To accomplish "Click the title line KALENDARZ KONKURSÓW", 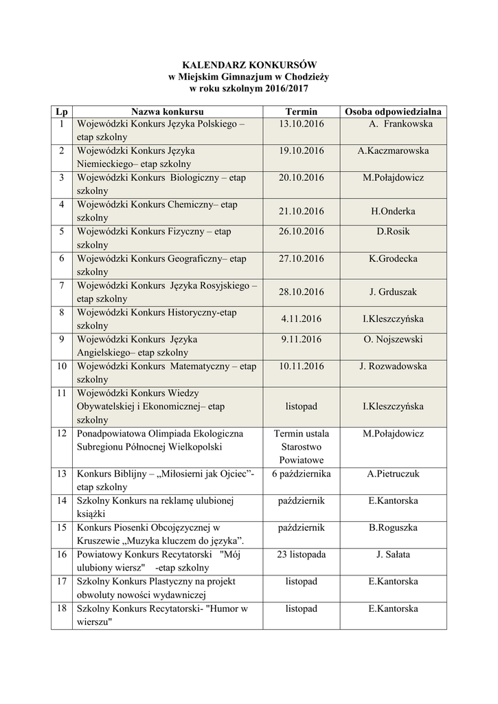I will pos(249,64).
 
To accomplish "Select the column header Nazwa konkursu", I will pos(168,111).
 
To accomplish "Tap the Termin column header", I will pos(301,111).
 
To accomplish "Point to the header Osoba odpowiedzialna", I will pos(394,111).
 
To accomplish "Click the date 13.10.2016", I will pos(301,124).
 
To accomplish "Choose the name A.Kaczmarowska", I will pos(393,151).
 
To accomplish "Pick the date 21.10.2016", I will pos(301,211).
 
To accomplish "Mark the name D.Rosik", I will pos(393,231).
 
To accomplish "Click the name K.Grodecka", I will pos(393,258).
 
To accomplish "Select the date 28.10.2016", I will pos(301,292).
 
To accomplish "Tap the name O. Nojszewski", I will pos(393,339).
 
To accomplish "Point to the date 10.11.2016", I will pos(301,366).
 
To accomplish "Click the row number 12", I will pos(61,434).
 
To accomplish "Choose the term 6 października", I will pos(301,474).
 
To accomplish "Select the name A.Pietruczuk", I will pos(393,474).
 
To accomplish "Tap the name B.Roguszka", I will pos(393,527).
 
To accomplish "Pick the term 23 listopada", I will pos(301,555).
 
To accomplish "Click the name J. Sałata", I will pos(393,555).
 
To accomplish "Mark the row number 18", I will pos(61,608).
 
